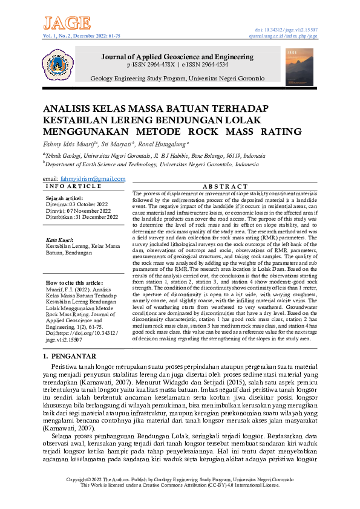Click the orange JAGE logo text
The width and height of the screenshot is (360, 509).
[67, 23]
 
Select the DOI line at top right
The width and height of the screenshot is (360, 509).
[287, 30]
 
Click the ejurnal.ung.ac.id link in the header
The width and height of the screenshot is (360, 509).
[287, 36]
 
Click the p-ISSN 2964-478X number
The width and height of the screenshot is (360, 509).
[151, 64]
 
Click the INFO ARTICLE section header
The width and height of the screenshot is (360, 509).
[65, 186]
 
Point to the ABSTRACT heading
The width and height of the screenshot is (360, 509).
[222, 186]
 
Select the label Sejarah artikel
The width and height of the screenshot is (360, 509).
[65, 198]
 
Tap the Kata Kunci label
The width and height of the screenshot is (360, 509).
[60, 240]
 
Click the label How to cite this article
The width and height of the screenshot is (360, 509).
[74, 283]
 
